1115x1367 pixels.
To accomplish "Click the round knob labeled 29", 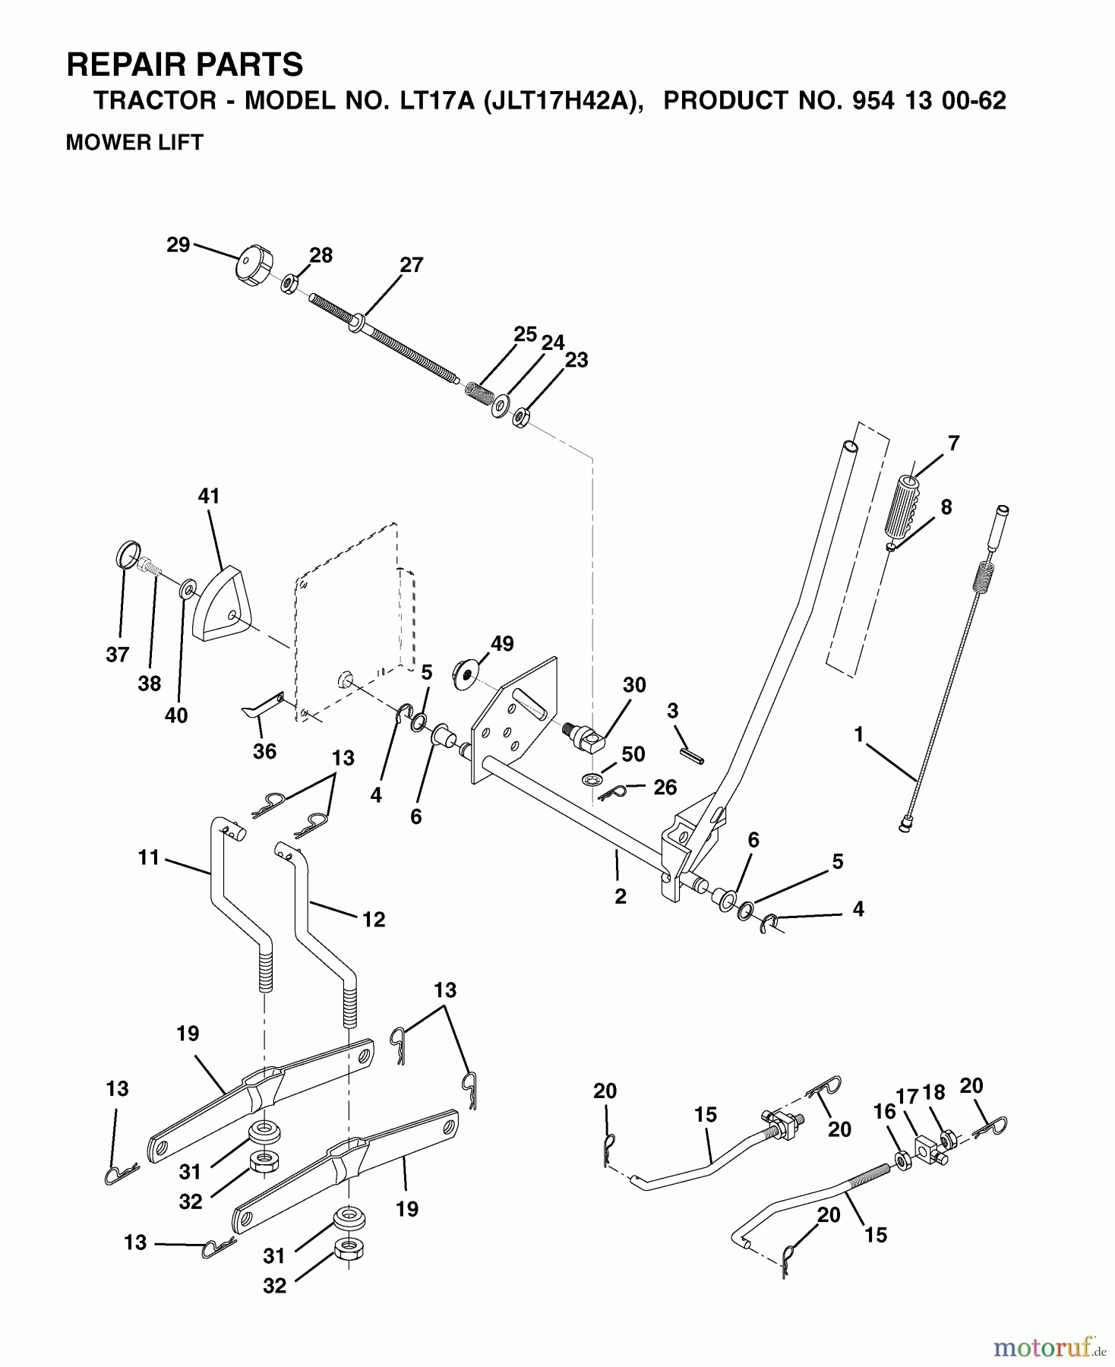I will click(x=249, y=265).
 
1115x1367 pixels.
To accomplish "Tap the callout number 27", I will click(x=411, y=265).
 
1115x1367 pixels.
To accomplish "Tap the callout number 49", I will click(x=501, y=644).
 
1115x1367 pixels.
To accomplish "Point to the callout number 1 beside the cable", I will click(x=858, y=734).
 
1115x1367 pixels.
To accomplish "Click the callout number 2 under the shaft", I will click(x=621, y=896).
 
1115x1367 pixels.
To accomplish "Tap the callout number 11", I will click(x=149, y=857).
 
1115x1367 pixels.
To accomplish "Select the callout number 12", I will click(x=373, y=919).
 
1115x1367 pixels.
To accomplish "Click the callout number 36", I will click(x=264, y=751).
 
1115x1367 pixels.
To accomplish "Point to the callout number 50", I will click(x=633, y=754).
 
